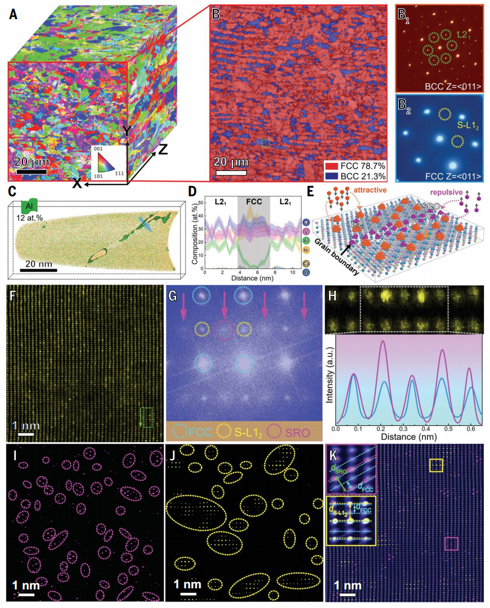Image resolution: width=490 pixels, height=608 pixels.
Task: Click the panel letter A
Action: (13, 12)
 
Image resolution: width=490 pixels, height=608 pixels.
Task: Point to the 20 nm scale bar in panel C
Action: (39, 271)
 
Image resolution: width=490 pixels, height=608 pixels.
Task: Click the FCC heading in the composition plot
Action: (254, 200)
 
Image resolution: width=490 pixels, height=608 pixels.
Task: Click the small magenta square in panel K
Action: (451, 543)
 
